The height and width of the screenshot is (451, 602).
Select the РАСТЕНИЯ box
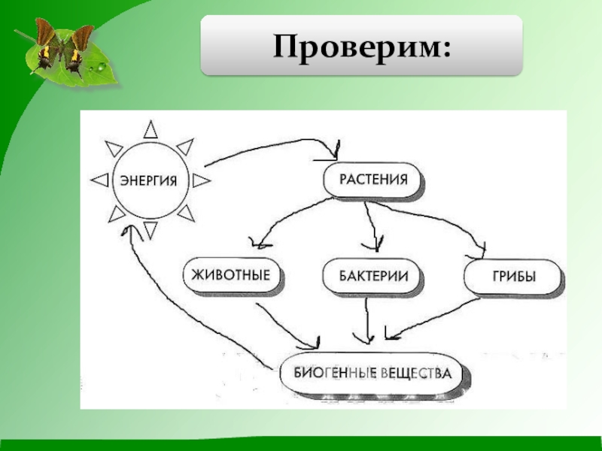373,181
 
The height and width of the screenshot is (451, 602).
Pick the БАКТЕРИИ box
371,276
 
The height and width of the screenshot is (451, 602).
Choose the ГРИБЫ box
514,276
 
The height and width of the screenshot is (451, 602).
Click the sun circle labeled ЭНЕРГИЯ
149,180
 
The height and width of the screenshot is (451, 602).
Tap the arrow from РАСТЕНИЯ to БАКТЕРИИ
371,225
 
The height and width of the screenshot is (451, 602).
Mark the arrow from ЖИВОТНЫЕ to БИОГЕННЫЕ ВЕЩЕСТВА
282,323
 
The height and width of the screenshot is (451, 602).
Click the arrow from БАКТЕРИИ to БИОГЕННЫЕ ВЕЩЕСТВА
366,319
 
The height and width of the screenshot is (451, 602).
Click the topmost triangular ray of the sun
150,130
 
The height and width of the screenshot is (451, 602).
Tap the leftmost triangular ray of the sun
99,180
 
